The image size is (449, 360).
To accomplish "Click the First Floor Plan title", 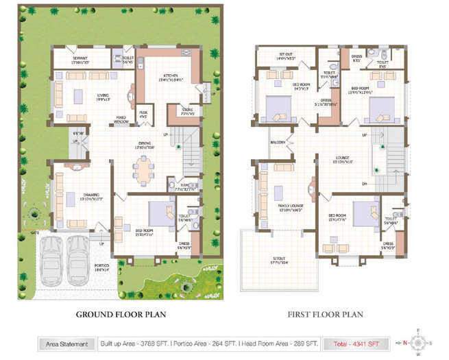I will coord(325,315).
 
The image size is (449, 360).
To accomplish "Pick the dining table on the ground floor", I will coord(143,169).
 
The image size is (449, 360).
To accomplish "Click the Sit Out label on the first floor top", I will coord(286,57).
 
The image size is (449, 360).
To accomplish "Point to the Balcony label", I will coord(278,143).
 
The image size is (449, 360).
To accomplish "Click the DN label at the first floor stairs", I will coord(365,184).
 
